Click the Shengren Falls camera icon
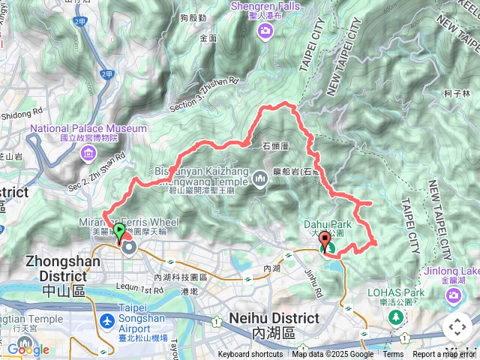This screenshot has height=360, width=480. [x=265, y=31]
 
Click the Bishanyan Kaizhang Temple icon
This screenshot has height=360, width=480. [x=260, y=178]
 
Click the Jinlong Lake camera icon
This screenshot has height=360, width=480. [x=454, y=295]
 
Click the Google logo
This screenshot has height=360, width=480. [x=28, y=349]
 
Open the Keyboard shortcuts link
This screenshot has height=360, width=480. [x=250, y=355]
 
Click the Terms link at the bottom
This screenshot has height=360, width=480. [x=393, y=355]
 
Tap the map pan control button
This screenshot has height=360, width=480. [x=457, y=327]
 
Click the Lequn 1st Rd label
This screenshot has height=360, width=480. [x=140, y=289]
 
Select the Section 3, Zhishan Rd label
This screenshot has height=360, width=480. [x=204, y=94]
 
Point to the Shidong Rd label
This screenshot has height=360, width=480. [x=22, y=114]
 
